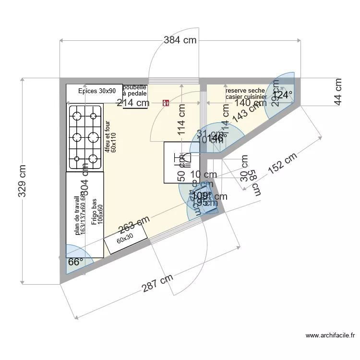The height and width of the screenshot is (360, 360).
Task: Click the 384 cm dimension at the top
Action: (180, 41)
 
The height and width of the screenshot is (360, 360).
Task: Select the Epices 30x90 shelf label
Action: (97, 91)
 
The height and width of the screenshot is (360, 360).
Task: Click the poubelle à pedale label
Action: (135, 91)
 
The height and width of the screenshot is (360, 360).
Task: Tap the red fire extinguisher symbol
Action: (166, 102)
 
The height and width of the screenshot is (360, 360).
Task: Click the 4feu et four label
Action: (110, 137)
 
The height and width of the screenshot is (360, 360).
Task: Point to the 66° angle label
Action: (75, 262)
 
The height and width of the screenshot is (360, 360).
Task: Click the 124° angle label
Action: (282, 95)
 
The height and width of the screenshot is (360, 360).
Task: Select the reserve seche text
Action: (245, 91)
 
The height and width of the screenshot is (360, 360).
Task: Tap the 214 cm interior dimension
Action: (132, 102)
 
